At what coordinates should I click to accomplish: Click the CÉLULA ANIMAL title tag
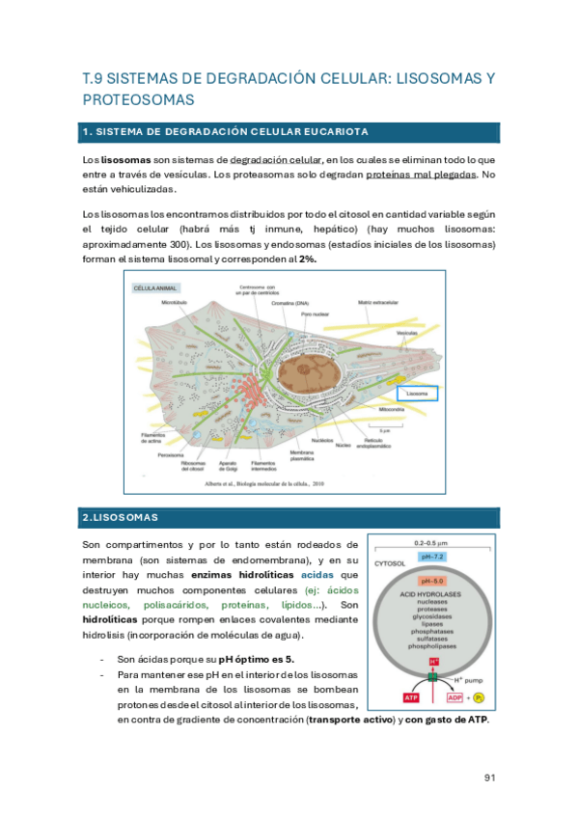pos(157,287)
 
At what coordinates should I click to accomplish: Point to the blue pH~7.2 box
pos(432,558)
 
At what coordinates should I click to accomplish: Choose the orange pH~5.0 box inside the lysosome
pos(432,582)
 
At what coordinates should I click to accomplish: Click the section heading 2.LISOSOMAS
pos(114,518)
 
